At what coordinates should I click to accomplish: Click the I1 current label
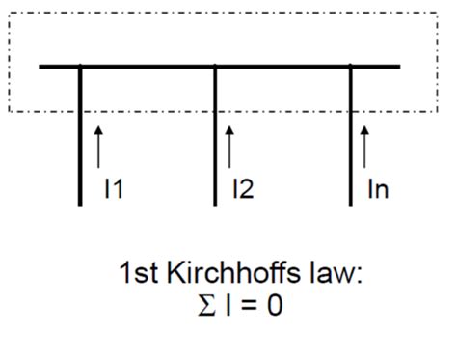(113, 189)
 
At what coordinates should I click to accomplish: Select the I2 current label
(242, 189)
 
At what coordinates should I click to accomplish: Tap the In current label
(376, 189)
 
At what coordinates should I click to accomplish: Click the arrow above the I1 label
(99, 145)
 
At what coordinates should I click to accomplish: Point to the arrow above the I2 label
(229, 145)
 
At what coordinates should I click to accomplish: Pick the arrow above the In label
(363, 145)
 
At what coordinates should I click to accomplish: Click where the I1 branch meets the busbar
(80, 67)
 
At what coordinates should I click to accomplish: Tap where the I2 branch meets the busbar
(215, 67)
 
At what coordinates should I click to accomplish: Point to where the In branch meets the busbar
(351, 67)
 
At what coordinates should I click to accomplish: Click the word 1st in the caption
(138, 276)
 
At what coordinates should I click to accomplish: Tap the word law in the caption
(337, 276)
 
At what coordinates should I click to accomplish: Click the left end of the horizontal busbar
(42, 67)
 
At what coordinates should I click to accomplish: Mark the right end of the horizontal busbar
(397, 67)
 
